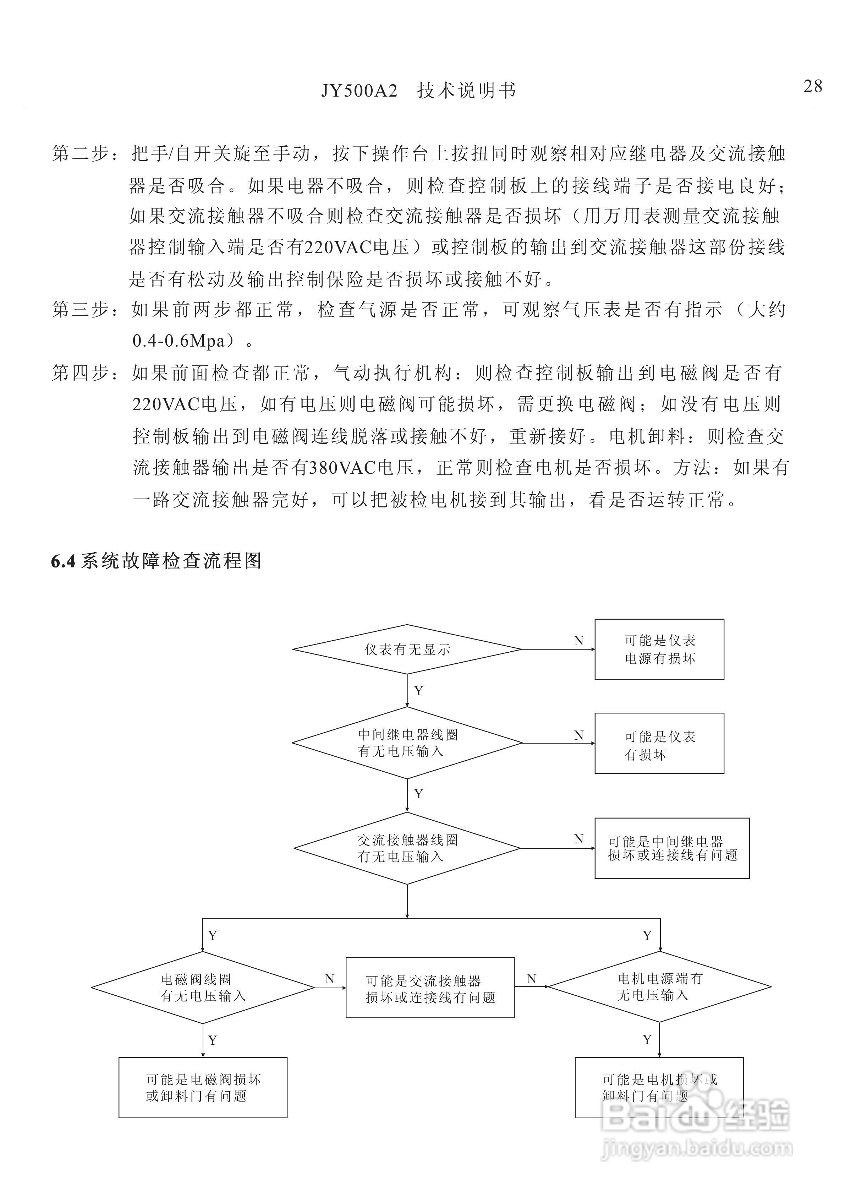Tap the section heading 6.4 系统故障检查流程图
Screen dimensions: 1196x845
pyautogui.click(x=156, y=561)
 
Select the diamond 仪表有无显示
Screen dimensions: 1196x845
pyautogui.click(x=407, y=649)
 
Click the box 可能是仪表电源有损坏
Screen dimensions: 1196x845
pyautogui.click(x=659, y=649)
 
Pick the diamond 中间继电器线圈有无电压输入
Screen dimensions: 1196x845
pyautogui.click(x=407, y=743)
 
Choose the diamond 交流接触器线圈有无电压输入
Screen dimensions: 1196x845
pyautogui.click(x=407, y=848)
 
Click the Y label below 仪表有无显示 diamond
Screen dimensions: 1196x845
pyautogui.click(x=418, y=691)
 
